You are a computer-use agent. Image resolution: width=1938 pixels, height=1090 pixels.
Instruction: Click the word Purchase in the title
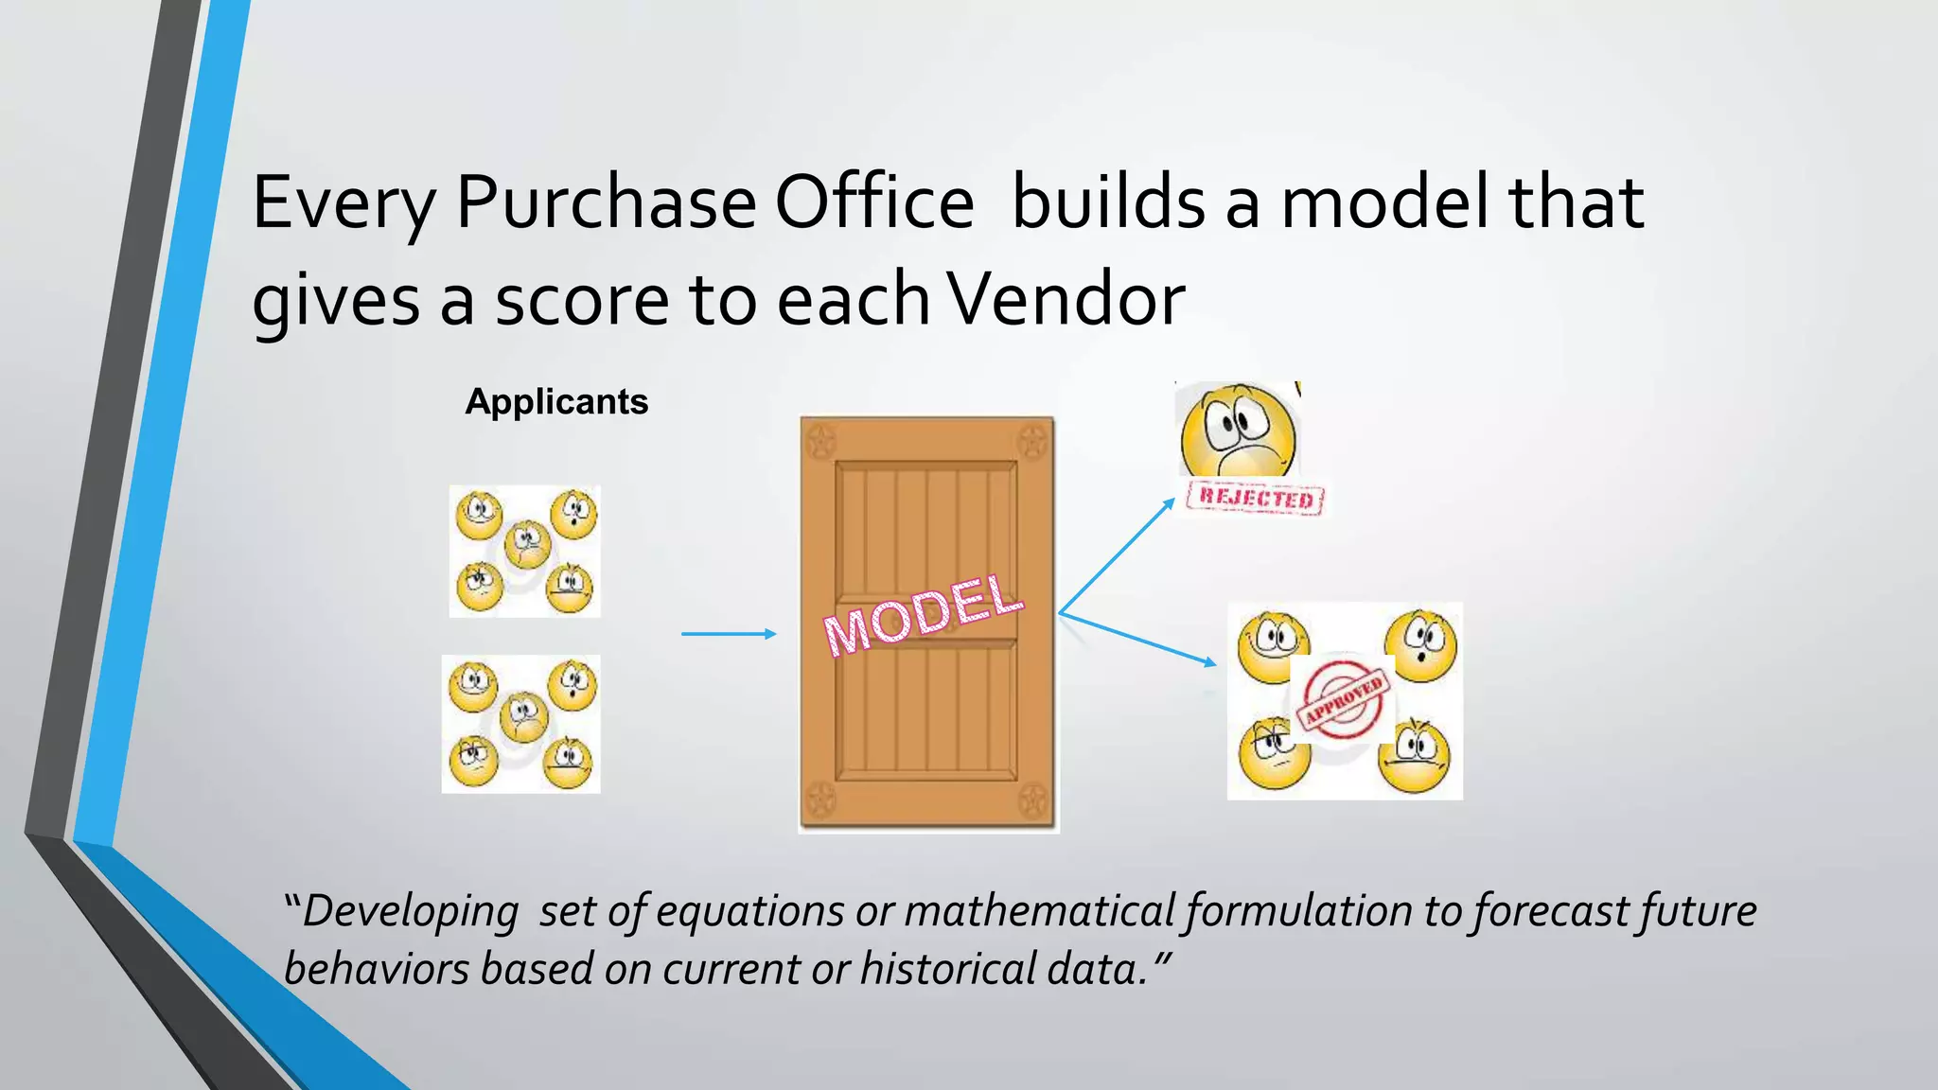[x=606, y=202]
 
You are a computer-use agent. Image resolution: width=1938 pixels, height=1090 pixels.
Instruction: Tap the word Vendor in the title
[x=1066, y=299]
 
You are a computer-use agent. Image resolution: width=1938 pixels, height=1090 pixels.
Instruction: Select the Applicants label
[x=556, y=402]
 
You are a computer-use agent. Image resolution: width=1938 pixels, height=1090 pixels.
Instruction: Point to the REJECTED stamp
[x=1255, y=498]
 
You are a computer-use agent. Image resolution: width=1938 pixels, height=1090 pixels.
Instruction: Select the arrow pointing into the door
[x=729, y=634]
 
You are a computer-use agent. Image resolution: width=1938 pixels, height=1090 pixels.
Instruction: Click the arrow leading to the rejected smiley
[x=1117, y=556]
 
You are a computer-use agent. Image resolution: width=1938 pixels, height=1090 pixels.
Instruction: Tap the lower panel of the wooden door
[x=926, y=710]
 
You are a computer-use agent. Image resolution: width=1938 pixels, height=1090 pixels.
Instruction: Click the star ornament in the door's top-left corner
[x=820, y=440]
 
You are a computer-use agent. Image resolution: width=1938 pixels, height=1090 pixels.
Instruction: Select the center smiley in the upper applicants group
[x=527, y=544]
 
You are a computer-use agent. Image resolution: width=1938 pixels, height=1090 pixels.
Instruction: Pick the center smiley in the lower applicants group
[x=523, y=716]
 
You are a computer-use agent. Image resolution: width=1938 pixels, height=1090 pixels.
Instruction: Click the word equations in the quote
[x=749, y=911]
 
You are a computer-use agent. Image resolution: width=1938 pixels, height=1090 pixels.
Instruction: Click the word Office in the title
[x=874, y=202]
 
